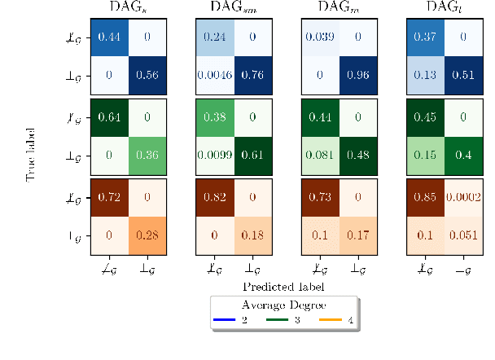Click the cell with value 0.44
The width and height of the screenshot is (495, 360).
tap(110, 37)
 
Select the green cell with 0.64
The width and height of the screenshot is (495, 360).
tap(110, 116)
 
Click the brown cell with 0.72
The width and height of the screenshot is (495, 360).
tap(110, 196)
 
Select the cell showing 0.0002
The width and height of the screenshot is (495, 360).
tap(462, 196)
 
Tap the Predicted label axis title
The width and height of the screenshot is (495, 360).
tap(283, 287)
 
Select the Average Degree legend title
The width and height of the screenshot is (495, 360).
tap(283, 304)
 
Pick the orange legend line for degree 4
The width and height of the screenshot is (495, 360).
tap(331, 320)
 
